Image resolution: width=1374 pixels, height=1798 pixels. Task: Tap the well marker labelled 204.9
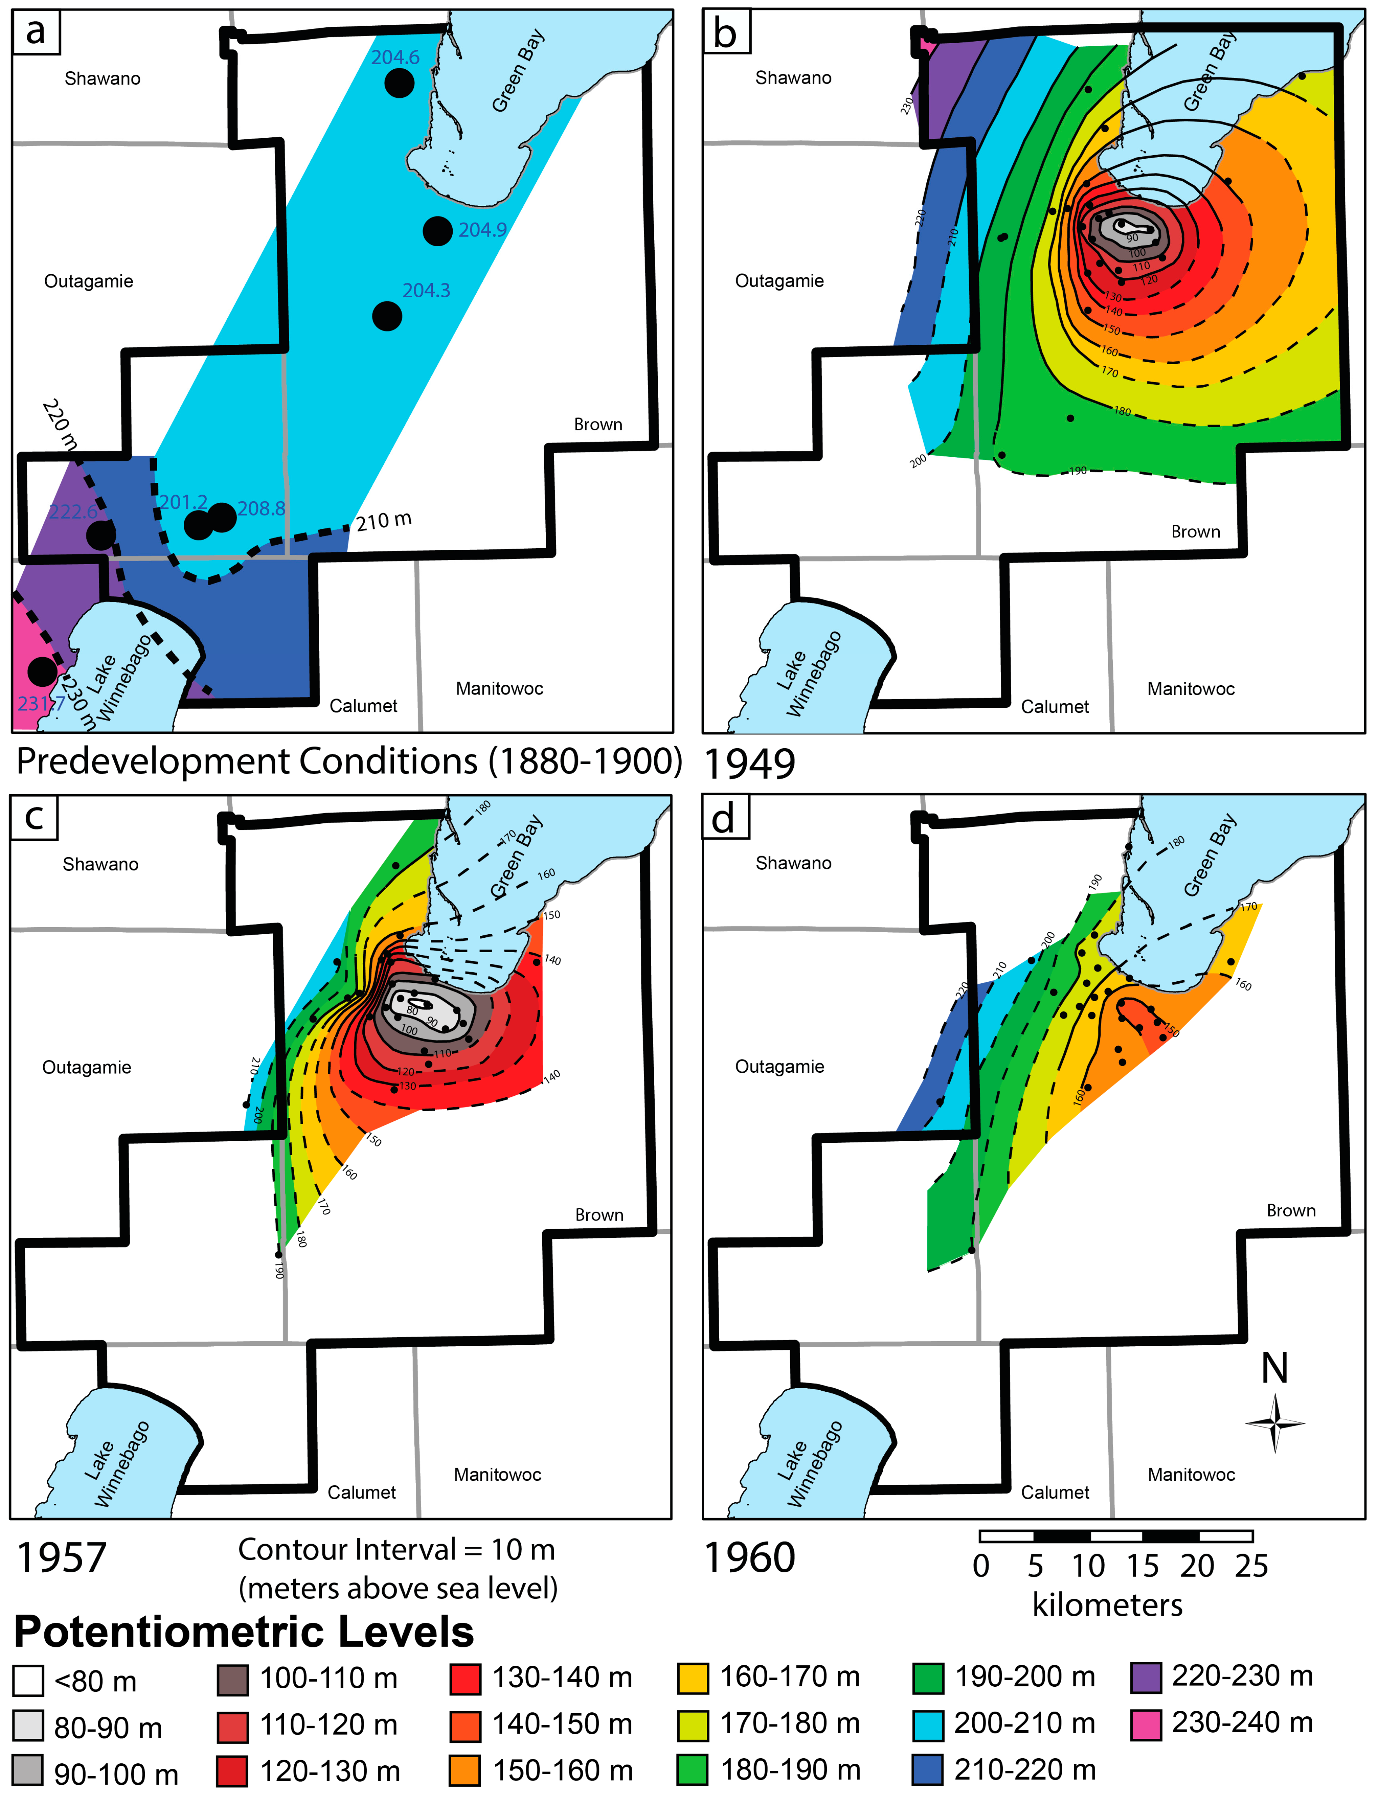pos(438,232)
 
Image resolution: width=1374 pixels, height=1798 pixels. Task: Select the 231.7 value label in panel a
pos(39,703)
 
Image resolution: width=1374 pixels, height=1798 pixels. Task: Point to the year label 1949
pos(749,764)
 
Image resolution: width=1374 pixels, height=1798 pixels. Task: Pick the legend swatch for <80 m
pos(28,1681)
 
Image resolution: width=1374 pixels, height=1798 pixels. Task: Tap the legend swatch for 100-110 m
pos(233,1679)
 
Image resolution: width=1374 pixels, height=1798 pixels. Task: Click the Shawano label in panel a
pos(102,79)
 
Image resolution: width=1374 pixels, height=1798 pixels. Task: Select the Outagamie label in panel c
pos(87,1067)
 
